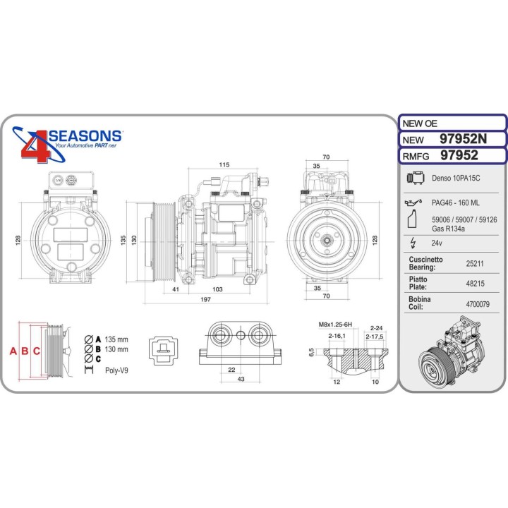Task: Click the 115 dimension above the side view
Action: [224, 164]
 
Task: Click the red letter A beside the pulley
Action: [12, 351]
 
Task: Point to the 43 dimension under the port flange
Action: [241, 380]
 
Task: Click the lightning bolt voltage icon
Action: [413, 243]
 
